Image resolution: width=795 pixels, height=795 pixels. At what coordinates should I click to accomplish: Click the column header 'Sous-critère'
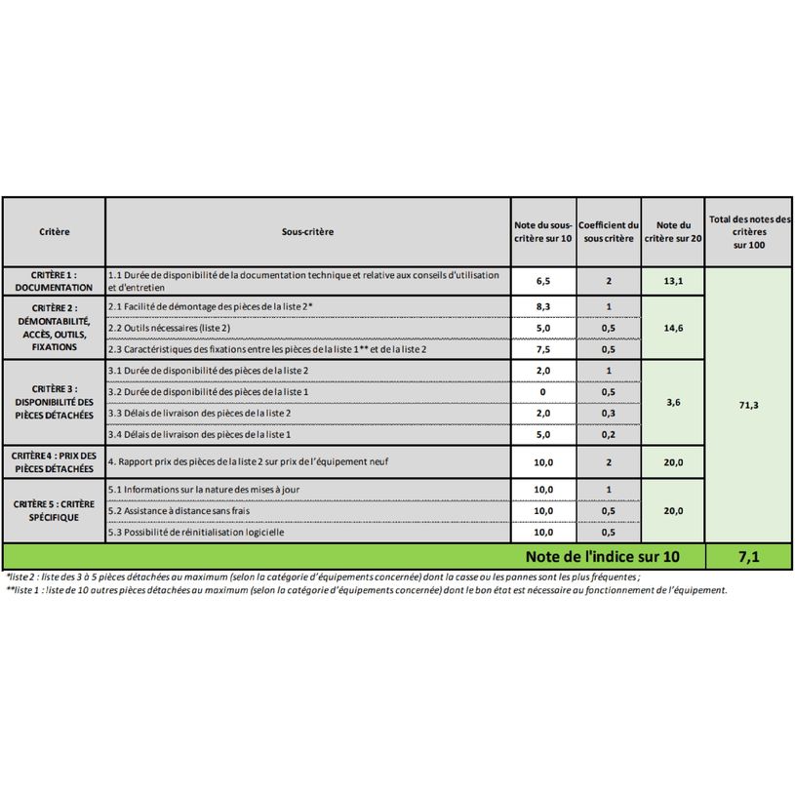pos(307,232)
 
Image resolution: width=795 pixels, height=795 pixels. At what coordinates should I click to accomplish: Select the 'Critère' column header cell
pos(55,232)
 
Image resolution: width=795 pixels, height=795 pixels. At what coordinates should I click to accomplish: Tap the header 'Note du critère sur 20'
pos(673,232)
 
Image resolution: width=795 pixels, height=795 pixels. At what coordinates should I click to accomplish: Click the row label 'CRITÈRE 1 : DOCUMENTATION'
pos(55,282)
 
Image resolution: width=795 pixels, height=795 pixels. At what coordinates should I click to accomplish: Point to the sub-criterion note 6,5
pos(543,281)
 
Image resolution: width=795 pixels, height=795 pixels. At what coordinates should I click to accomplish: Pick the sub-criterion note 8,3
pos(543,307)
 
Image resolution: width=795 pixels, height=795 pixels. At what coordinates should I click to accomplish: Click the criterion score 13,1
pos(673,281)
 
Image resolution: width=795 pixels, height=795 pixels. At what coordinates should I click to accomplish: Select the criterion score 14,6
pos(673,328)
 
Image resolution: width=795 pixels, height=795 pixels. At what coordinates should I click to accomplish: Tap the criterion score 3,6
pos(673,402)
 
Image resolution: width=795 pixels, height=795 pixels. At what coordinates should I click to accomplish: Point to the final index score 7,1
pos(748,557)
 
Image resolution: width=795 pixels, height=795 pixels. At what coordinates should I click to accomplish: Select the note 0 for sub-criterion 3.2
pos(543,392)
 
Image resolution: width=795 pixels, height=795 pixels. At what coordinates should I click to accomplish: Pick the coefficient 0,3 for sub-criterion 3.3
pos(608,414)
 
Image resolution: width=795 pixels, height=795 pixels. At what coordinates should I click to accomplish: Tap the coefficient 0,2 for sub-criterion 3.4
pos(608,435)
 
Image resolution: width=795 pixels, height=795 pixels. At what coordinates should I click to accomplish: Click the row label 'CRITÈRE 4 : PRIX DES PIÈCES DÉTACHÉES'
pos(55,461)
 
